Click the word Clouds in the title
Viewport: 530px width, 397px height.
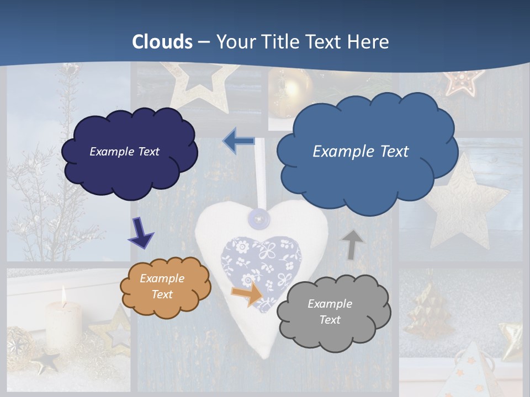162,42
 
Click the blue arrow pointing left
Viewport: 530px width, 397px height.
238,141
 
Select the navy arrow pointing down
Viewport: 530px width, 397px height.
141,233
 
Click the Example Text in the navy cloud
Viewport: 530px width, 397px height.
124,152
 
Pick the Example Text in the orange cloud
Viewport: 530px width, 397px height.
162,286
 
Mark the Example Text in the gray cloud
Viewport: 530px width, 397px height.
330,312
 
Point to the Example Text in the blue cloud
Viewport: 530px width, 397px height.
361,152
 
